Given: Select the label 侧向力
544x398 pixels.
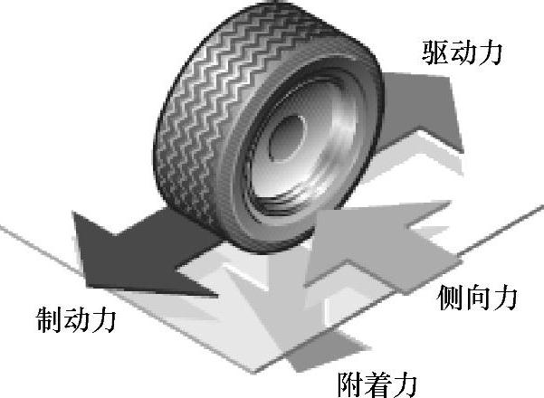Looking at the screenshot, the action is pyautogui.click(x=477, y=296).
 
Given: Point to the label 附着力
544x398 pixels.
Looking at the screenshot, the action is pyautogui.click(x=377, y=381).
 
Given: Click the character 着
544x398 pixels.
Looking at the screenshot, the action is pyautogui.click(x=377, y=381).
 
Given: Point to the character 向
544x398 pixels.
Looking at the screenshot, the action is pyautogui.click(x=477, y=296).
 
